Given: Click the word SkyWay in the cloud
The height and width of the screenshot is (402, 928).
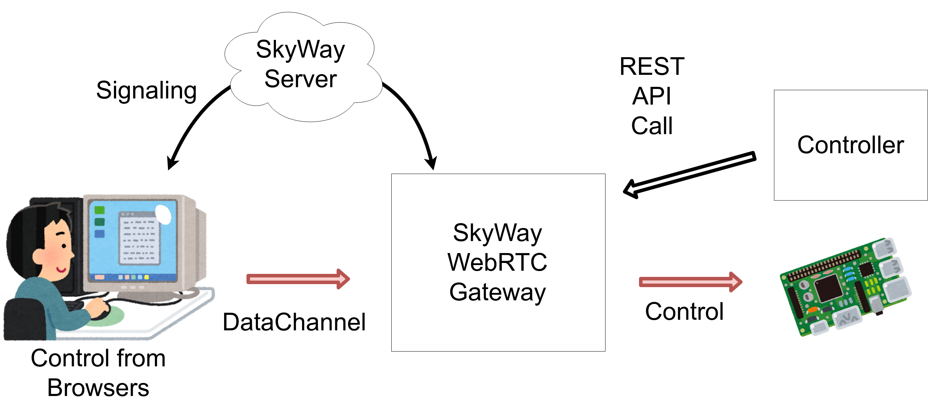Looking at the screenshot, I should [x=300, y=50].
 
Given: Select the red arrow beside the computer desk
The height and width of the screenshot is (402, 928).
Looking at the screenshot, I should [x=297, y=279].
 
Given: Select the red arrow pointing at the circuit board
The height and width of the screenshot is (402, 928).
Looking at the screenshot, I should [x=690, y=282].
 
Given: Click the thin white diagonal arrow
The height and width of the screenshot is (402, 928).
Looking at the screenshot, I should [x=689, y=174].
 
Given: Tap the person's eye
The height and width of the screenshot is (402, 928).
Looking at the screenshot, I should [x=64, y=246].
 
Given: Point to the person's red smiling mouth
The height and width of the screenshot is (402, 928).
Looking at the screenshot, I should [x=61, y=269].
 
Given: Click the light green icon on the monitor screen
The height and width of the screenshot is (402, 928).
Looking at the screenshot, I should [x=100, y=210].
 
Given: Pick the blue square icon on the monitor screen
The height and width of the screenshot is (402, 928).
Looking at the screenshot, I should [x=100, y=234].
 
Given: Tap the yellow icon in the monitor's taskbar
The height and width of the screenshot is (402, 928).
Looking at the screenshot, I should [x=146, y=277].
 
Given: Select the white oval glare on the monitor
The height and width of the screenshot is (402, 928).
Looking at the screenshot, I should [x=163, y=214].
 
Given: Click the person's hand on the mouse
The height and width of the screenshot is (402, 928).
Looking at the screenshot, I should [x=97, y=308].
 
